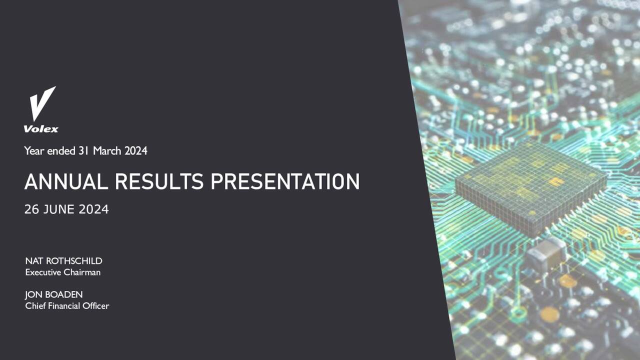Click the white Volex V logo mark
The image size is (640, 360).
[41, 103]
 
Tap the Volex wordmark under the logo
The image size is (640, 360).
[41, 129]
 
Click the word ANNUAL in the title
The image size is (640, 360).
[66, 182]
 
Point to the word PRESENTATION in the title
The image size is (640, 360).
[284, 182]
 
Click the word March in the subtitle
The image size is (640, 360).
[107, 150]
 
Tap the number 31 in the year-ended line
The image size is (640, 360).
[83, 150]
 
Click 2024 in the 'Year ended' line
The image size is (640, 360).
[136, 150]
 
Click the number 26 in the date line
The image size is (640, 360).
[31, 209]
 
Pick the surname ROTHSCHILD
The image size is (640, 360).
[74, 261]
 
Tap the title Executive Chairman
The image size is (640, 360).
[62, 272]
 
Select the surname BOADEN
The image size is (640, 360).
[63, 294]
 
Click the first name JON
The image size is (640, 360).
[33, 294]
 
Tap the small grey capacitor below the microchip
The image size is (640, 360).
[546, 254]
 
